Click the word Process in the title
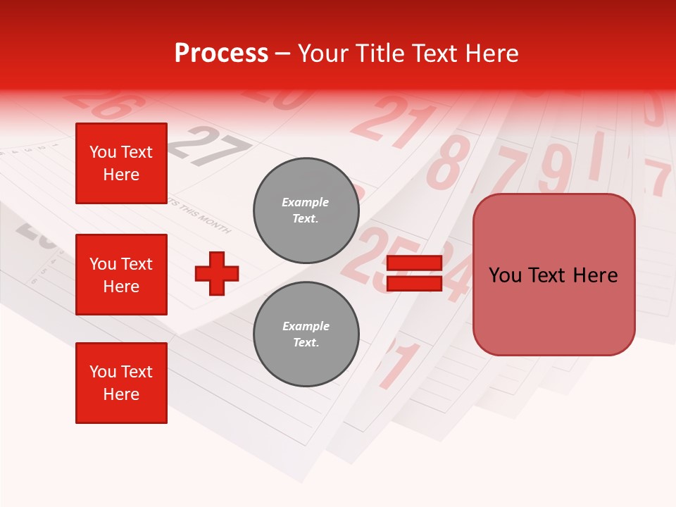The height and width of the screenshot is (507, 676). (x=221, y=53)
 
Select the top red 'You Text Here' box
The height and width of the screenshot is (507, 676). (x=121, y=163)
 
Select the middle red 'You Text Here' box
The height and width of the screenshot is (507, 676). (x=121, y=275)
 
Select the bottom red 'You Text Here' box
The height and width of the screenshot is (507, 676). (x=121, y=383)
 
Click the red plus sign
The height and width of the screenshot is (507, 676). (x=216, y=273)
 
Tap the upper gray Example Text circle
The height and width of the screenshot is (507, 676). (x=306, y=211)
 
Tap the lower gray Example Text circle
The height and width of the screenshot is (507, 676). (x=306, y=334)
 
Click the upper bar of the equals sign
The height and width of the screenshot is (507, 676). (x=414, y=263)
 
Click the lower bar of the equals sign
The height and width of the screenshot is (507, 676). (x=414, y=283)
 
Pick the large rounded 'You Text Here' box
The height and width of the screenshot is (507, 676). (x=553, y=275)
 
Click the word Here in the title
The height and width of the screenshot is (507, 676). (x=492, y=53)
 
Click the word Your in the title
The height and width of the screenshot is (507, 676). (x=325, y=53)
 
